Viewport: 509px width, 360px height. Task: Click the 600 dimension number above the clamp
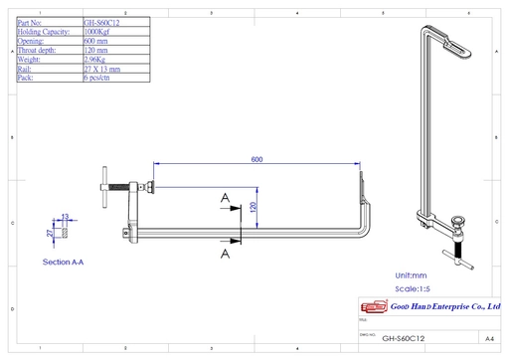click(256, 159)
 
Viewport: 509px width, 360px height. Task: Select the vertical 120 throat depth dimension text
click(254, 207)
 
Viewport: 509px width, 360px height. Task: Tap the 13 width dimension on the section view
click(66, 216)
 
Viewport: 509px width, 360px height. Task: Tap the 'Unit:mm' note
click(412, 274)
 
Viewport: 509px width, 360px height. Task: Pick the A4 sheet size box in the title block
click(489, 338)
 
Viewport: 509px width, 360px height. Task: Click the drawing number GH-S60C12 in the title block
click(403, 338)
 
